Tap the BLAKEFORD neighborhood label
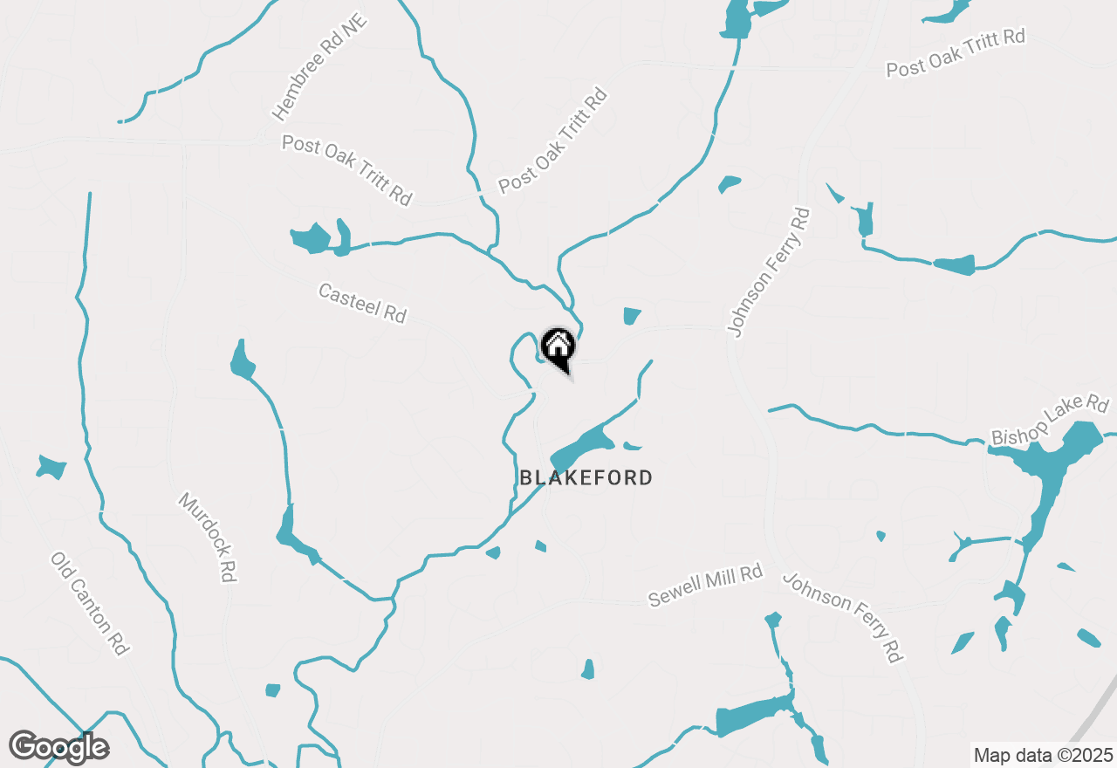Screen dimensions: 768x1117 point(586,477)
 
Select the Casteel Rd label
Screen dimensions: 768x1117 point(362,303)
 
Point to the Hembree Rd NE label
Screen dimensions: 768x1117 point(320,66)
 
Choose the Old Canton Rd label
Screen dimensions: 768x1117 point(90,603)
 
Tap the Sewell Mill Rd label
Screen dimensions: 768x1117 point(705,586)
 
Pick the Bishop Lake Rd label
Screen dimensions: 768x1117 point(1050,420)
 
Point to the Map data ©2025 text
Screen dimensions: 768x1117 point(1043,755)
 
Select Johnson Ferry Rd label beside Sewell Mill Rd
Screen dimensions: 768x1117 point(842,617)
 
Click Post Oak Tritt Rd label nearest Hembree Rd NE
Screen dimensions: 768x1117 point(346,169)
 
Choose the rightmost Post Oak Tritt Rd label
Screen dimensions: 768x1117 point(955,52)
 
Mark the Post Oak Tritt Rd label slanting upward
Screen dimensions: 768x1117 point(552,140)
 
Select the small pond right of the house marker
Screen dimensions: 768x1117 point(632,316)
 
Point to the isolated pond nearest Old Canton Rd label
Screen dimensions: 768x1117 point(51,467)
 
